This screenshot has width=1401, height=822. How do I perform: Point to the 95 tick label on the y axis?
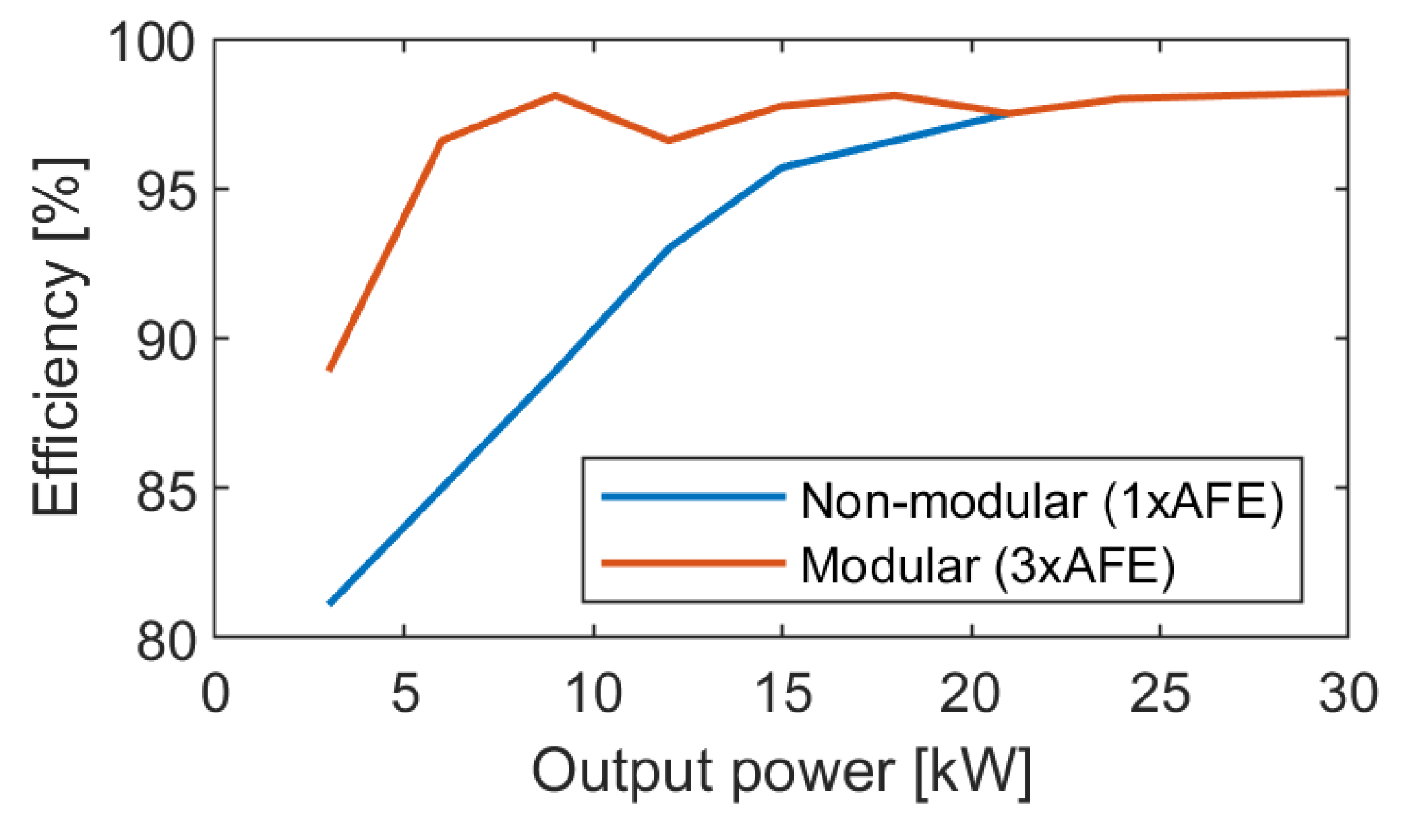pos(165,190)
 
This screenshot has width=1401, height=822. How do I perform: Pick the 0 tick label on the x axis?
pos(215,693)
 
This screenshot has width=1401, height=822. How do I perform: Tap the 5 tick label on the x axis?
pos(405,693)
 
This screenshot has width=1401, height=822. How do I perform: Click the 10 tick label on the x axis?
pos(594,693)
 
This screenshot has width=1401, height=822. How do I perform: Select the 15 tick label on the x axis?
pos(783,693)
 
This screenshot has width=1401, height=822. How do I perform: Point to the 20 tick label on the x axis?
pos(971,693)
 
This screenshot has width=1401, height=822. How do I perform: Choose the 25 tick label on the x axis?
pos(1160,693)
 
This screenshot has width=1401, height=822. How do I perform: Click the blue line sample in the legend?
pos(693,497)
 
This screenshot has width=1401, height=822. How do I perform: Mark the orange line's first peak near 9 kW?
pos(555,95)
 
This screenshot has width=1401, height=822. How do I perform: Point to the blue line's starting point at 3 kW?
pos(330,603)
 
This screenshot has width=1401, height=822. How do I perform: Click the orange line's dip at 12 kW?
pos(669,140)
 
